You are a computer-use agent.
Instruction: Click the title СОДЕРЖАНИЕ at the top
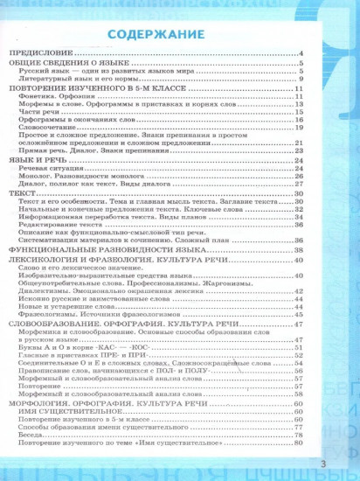tap(159, 35)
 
